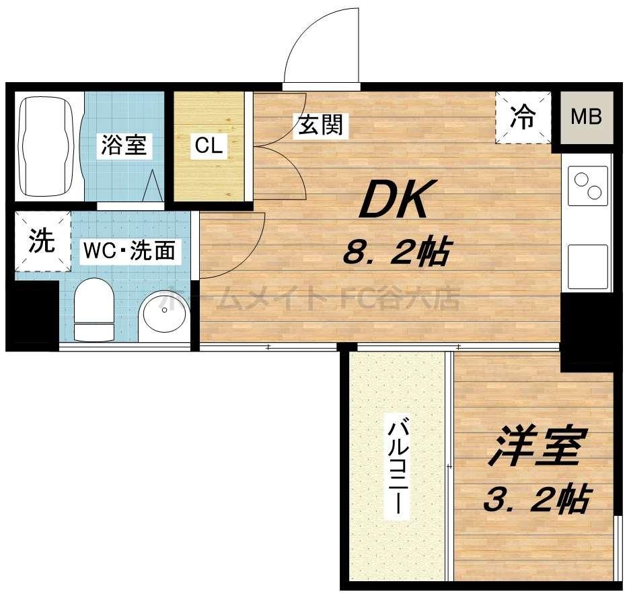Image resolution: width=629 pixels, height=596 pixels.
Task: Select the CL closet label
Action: pyautogui.click(x=209, y=146)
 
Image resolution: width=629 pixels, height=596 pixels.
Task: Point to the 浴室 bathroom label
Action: pyautogui.click(x=123, y=145)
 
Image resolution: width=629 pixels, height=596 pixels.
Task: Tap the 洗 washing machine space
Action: pyautogui.click(x=42, y=242)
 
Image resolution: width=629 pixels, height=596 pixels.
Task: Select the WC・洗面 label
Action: pyautogui.click(x=129, y=251)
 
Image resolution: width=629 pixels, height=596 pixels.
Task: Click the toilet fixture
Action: pyautogui.click(x=94, y=310)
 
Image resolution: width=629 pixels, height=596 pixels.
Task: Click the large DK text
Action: pyautogui.click(x=393, y=200)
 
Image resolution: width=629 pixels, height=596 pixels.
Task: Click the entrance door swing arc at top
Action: pyautogui.click(x=320, y=47)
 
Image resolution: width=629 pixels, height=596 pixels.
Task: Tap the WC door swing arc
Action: pyautogui.click(x=232, y=244)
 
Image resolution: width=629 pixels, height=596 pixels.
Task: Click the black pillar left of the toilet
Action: pyautogui.click(x=32, y=314)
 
